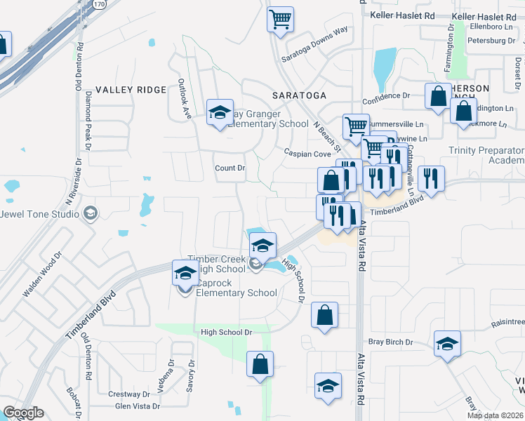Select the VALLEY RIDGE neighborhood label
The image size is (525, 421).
tap(131, 90)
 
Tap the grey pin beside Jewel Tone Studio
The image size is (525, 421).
tap(90, 213)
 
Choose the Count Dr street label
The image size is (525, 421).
tap(230, 168)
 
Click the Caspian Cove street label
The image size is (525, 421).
tap(307, 153)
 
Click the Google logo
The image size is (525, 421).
tap(23, 413)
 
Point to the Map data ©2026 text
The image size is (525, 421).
tap(495, 415)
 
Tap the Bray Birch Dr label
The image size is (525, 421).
tap(390, 342)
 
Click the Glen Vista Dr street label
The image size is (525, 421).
tap(137, 406)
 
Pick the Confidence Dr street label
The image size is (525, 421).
tap(386, 95)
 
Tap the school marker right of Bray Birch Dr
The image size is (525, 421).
tap(447, 344)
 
